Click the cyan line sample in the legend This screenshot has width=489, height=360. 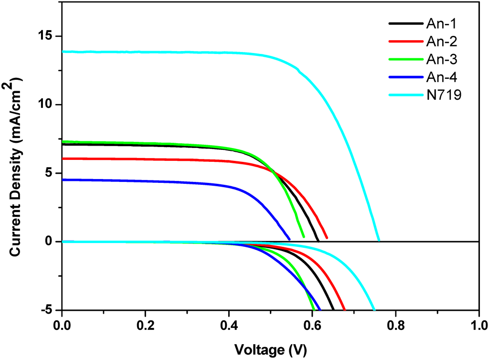pyautogui.click(x=405, y=95)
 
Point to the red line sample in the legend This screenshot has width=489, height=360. pyautogui.click(x=405, y=42)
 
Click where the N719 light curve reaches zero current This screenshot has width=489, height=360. pyautogui.click(x=379, y=241)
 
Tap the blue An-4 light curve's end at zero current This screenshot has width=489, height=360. pyautogui.click(x=289, y=239)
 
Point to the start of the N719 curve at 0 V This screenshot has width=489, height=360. pyautogui.click(x=63, y=52)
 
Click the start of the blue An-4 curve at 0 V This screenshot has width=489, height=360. pyautogui.click(x=63, y=180)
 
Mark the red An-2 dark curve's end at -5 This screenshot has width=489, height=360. pyautogui.click(x=344, y=309)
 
